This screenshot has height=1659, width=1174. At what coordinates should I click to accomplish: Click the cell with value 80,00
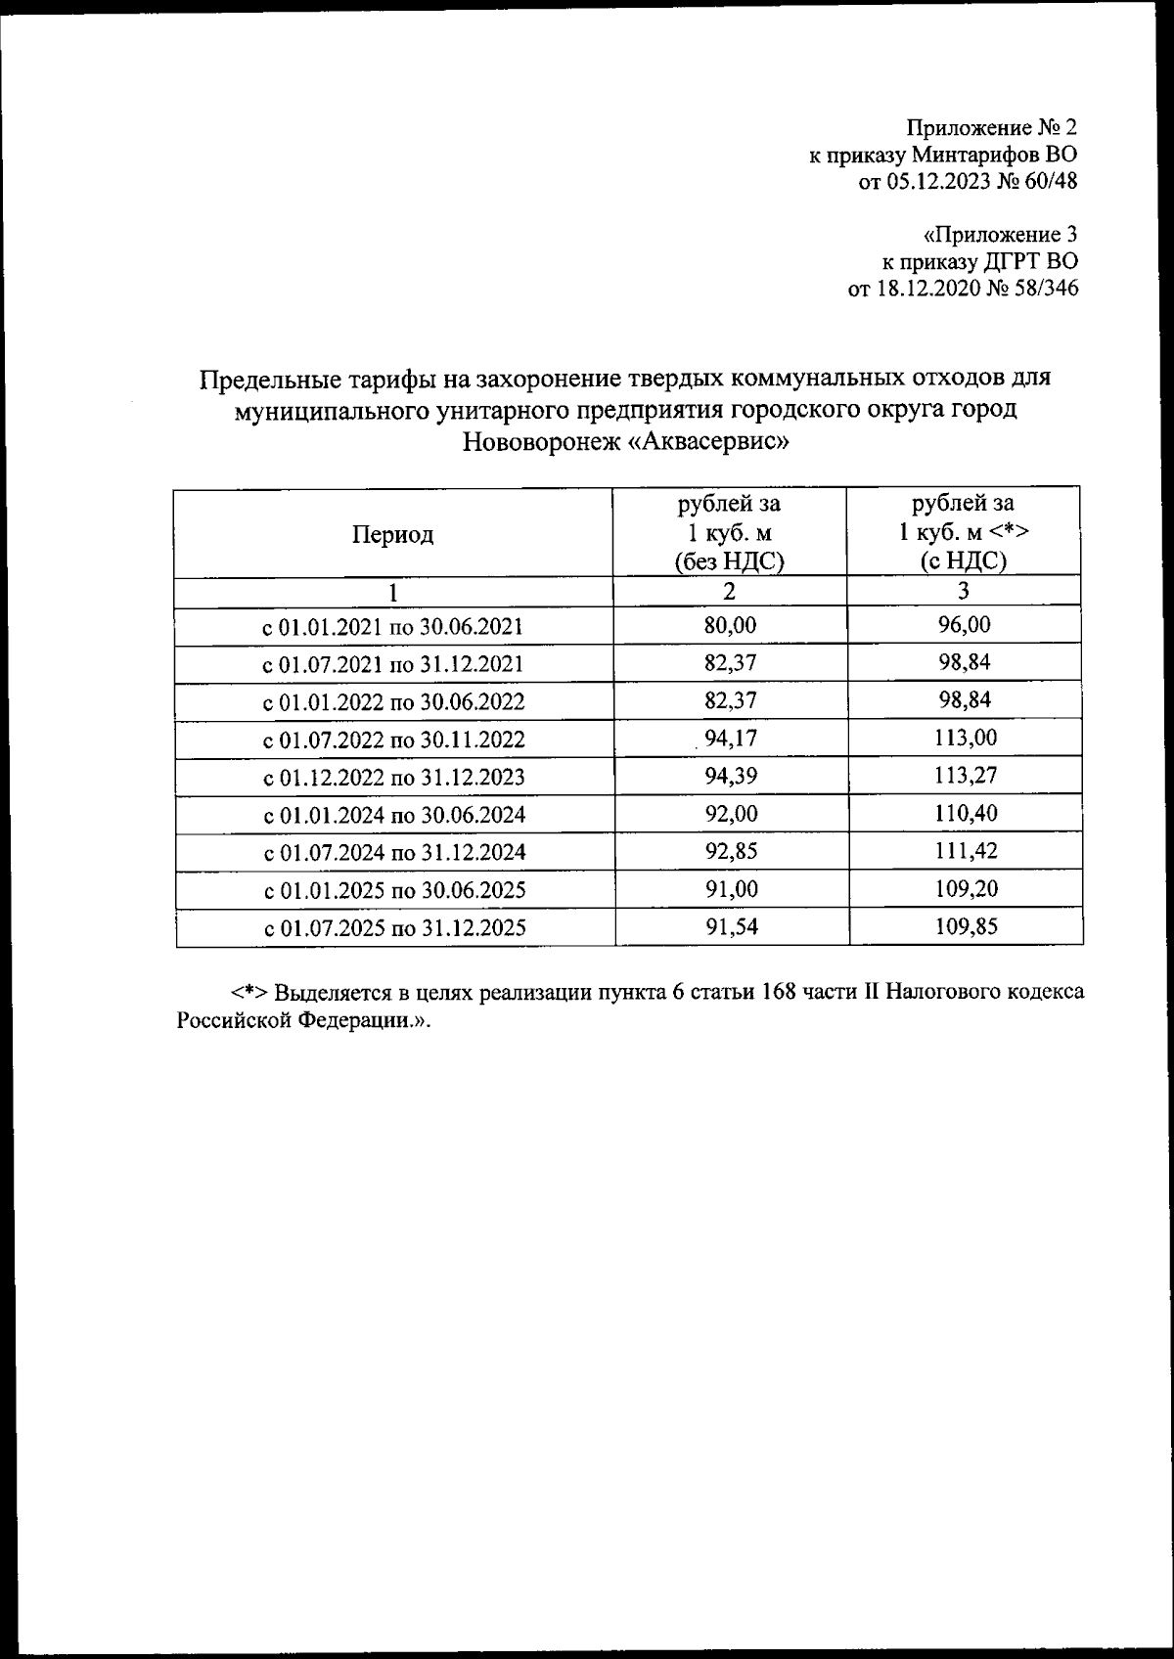pyautogui.click(x=730, y=626)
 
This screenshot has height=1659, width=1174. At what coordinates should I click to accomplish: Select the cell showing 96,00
pyautogui.click(x=964, y=625)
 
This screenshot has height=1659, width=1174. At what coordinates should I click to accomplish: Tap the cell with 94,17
pyautogui.click(x=730, y=739)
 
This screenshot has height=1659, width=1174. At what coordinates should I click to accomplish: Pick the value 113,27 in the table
pyautogui.click(x=964, y=776)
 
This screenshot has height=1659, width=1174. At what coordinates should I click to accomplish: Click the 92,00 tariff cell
pyautogui.click(x=731, y=814)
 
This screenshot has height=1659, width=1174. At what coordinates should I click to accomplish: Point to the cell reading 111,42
pyautogui.click(x=965, y=851)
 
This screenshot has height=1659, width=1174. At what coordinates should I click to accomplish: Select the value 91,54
pyautogui.click(x=731, y=926)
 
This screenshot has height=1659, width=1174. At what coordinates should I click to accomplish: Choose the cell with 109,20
pyautogui.click(x=965, y=889)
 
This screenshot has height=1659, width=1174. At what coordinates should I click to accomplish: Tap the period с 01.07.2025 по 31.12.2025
pyautogui.click(x=394, y=928)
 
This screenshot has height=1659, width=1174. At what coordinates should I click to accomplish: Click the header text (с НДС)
pyautogui.click(x=964, y=560)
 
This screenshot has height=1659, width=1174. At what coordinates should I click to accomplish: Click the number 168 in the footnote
pyautogui.click(x=773, y=992)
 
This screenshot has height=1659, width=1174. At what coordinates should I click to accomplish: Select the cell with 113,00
pyautogui.click(x=964, y=738)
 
